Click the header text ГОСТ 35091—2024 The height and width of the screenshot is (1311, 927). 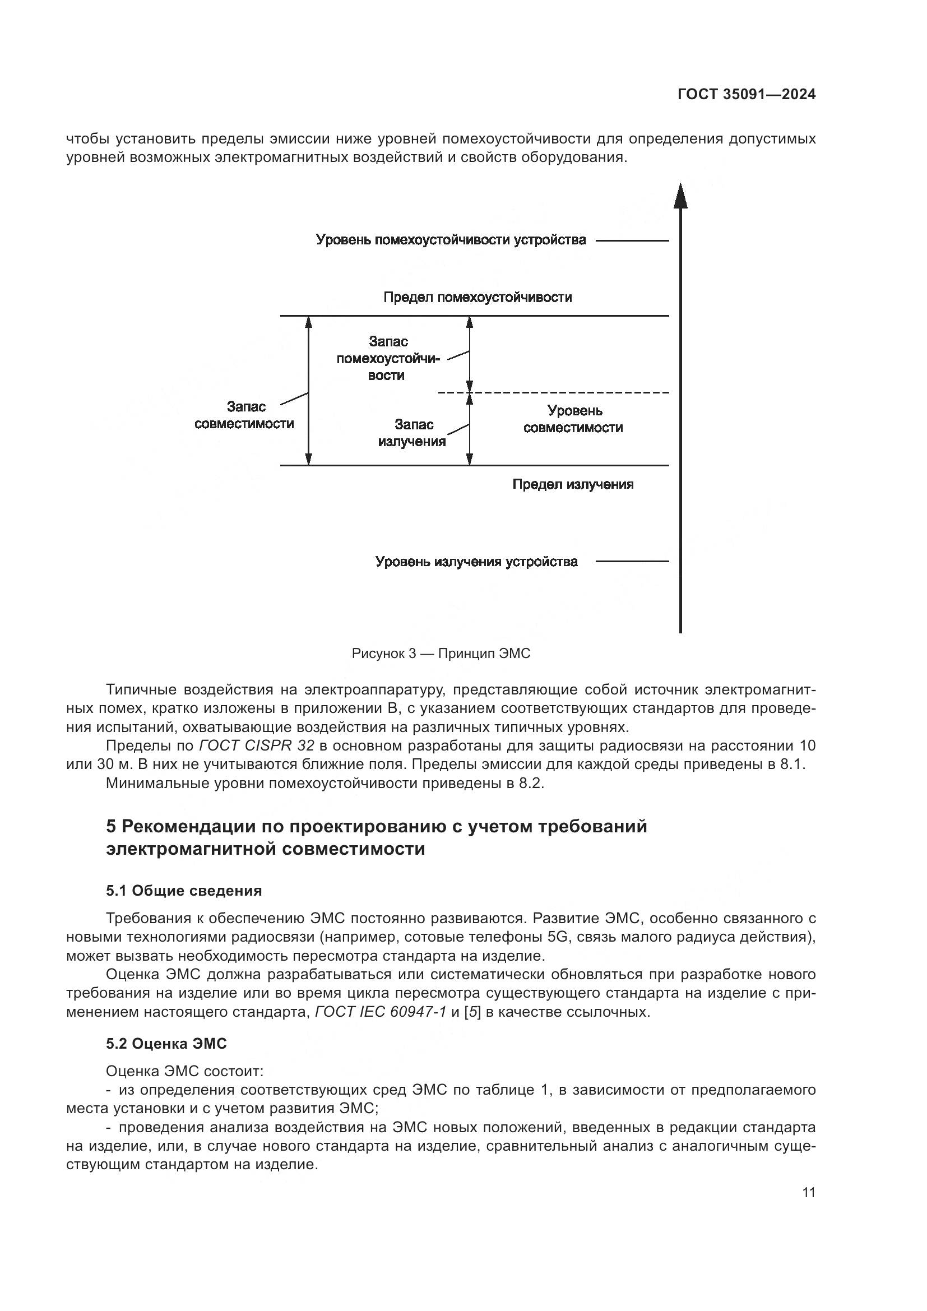[x=746, y=94]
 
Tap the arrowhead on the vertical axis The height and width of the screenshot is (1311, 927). [x=680, y=196]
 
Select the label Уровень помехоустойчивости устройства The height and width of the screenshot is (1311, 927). [x=451, y=240]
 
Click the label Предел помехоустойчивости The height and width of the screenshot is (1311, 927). [x=477, y=297]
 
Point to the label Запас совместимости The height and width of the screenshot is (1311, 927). [x=244, y=415]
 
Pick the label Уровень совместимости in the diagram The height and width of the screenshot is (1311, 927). [x=573, y=419]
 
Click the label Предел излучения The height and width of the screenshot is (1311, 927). [x=573, y=484]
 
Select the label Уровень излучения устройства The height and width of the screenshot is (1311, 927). [x=476, y=562]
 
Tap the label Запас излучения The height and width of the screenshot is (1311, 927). [x=412, y=433]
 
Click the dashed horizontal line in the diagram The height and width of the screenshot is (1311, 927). [x=554, y=393]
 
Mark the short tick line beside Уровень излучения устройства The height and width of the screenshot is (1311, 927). [x=632, y=561]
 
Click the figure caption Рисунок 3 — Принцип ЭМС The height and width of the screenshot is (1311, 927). [x=441, y=653]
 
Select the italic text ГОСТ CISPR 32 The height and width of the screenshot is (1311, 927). [x=256, y=745]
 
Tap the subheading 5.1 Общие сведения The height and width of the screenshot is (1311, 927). [x=184, y=891]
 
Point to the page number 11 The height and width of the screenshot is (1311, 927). [x=808, y=1192]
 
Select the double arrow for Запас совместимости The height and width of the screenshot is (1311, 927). [x=308, y=391]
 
